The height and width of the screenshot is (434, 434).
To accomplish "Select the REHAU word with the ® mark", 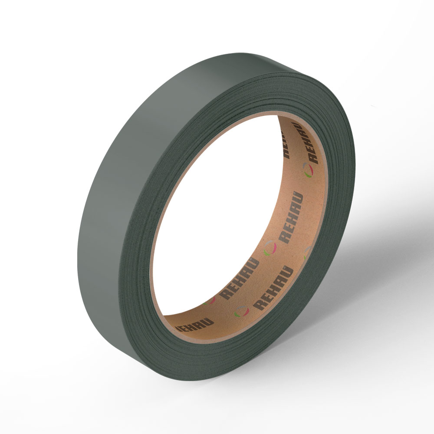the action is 291,217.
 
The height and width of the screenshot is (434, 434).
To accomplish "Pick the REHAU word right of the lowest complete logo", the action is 273,288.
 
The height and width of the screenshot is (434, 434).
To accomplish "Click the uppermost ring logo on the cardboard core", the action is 308,170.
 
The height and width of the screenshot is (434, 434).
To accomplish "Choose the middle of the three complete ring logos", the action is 270,248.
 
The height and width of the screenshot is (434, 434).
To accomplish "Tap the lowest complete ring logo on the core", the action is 242,311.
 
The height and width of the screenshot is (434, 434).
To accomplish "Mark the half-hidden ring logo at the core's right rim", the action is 307,252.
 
